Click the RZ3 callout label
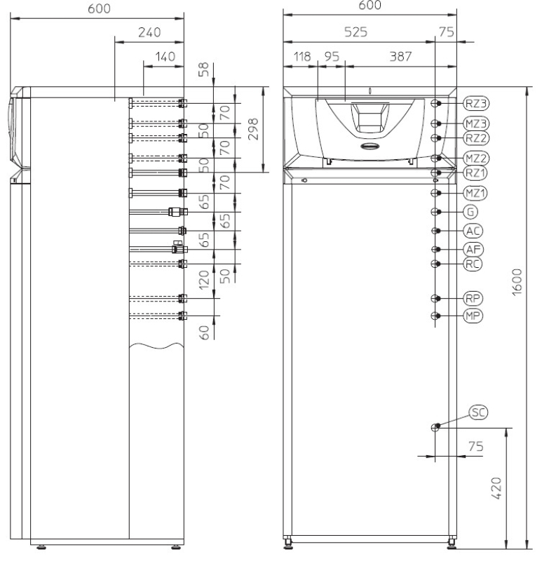[x=476, y=103]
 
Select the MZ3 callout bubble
[x=476, y=124]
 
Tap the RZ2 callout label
[x=476, y=138]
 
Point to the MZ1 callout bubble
[x=475, y=194]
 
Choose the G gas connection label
[x=470, y=212]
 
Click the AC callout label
[x=473, y=231]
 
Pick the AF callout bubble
[x=473, y=250]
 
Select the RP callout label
[x=473, y=299]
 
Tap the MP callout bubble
[x=473, y=316]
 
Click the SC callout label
[x=478, y=412]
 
